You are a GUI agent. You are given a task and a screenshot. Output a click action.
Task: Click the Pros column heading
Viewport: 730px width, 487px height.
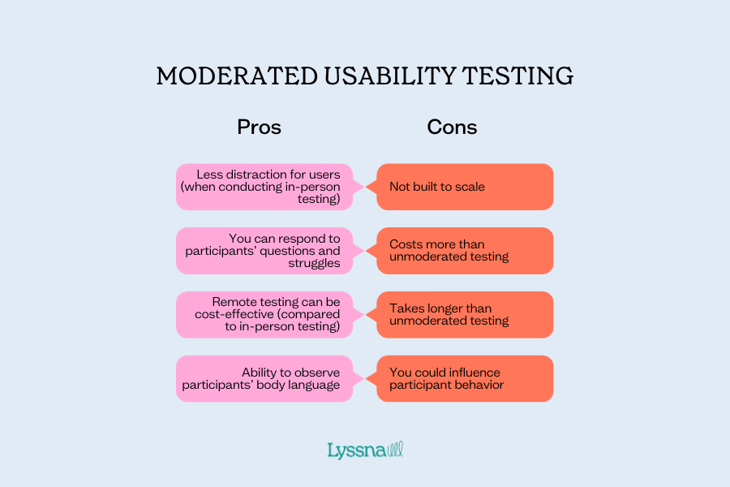coord(259,127)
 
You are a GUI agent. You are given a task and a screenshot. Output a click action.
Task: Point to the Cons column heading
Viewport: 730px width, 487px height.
coord(452,127)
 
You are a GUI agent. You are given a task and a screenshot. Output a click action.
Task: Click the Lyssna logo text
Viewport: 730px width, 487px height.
coord(356,450)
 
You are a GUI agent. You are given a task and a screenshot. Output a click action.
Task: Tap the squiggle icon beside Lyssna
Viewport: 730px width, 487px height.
coord(395,449)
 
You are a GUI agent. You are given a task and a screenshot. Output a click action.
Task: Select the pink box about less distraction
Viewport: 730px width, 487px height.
coord(264,187)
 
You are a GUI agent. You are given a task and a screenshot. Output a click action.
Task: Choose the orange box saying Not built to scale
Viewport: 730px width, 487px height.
coord(465,187)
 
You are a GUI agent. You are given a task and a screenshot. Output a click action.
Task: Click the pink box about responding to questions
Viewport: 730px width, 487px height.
coord(264,250)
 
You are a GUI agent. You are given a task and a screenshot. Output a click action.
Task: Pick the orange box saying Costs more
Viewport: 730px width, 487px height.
coord(465,250)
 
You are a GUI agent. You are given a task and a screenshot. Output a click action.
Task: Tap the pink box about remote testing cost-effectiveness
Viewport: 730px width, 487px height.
coord(264,314)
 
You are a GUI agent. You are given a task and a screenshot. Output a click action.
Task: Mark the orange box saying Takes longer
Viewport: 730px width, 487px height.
coord(465,314)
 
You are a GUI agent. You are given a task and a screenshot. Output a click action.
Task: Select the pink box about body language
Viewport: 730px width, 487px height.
coord(264,378)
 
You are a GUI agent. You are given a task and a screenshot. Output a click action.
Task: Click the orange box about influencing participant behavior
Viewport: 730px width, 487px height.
coord(465,378)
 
